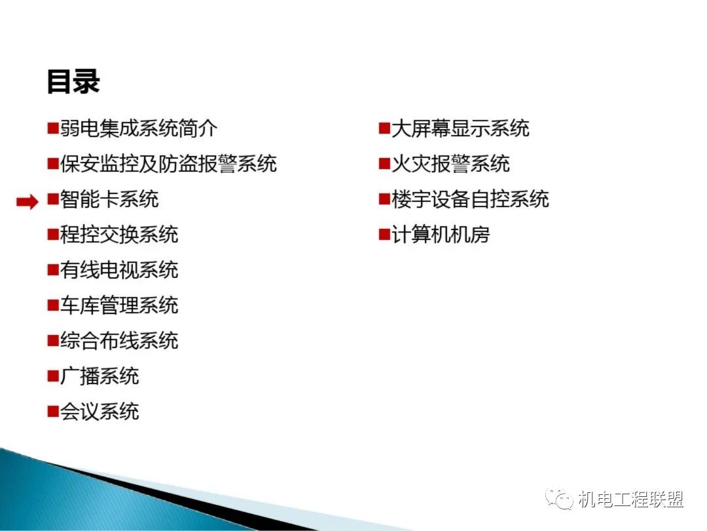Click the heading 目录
click(73, 82)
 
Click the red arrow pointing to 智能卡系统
click(27, 202)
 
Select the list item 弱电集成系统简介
click(139, 128)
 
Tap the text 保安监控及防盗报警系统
click(168, 163)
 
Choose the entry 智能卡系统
click(109, 199)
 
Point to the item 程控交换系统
click(119, 234)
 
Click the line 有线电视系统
click(119, 269)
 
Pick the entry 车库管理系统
click(119, 305)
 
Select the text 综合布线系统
click(119, 340)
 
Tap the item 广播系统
click(100, 376)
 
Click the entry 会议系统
click(100, 411)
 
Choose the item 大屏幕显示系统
click(460, 128)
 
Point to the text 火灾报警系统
click(450, 163)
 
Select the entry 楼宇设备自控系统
click(470, 199)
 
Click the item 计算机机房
click(441, 234)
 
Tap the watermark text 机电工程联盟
click(631, 500)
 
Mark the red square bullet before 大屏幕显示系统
click(384, 128)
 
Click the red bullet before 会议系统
click(53, 411)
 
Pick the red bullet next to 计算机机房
click(384, 234)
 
